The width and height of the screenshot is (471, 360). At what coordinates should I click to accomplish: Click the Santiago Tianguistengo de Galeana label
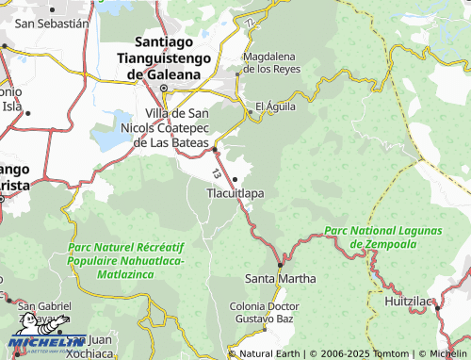tap(170, 57)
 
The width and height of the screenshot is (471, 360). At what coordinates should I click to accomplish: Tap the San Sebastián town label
tap(53, 22)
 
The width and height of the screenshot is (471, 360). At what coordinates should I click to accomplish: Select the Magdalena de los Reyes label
tap(271, 62)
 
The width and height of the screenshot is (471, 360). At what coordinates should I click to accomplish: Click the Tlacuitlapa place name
tap(235, 193)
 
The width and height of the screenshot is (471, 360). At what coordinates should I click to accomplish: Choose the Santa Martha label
tap(281, 279)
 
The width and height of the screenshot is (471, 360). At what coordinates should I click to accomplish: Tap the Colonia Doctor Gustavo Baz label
tap(265, 315)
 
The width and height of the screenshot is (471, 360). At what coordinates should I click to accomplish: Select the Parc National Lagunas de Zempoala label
tap(383, 237)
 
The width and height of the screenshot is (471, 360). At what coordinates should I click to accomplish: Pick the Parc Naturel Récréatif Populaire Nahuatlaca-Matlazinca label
tap(126, 260)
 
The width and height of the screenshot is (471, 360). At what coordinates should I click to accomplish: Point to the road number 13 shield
tap(219, 175)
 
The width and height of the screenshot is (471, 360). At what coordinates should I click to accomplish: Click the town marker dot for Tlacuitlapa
tap(235, 179)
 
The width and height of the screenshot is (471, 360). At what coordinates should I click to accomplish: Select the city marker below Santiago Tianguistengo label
tap(163, 90)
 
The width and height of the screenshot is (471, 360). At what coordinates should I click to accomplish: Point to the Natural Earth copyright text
tap(270, 353)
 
